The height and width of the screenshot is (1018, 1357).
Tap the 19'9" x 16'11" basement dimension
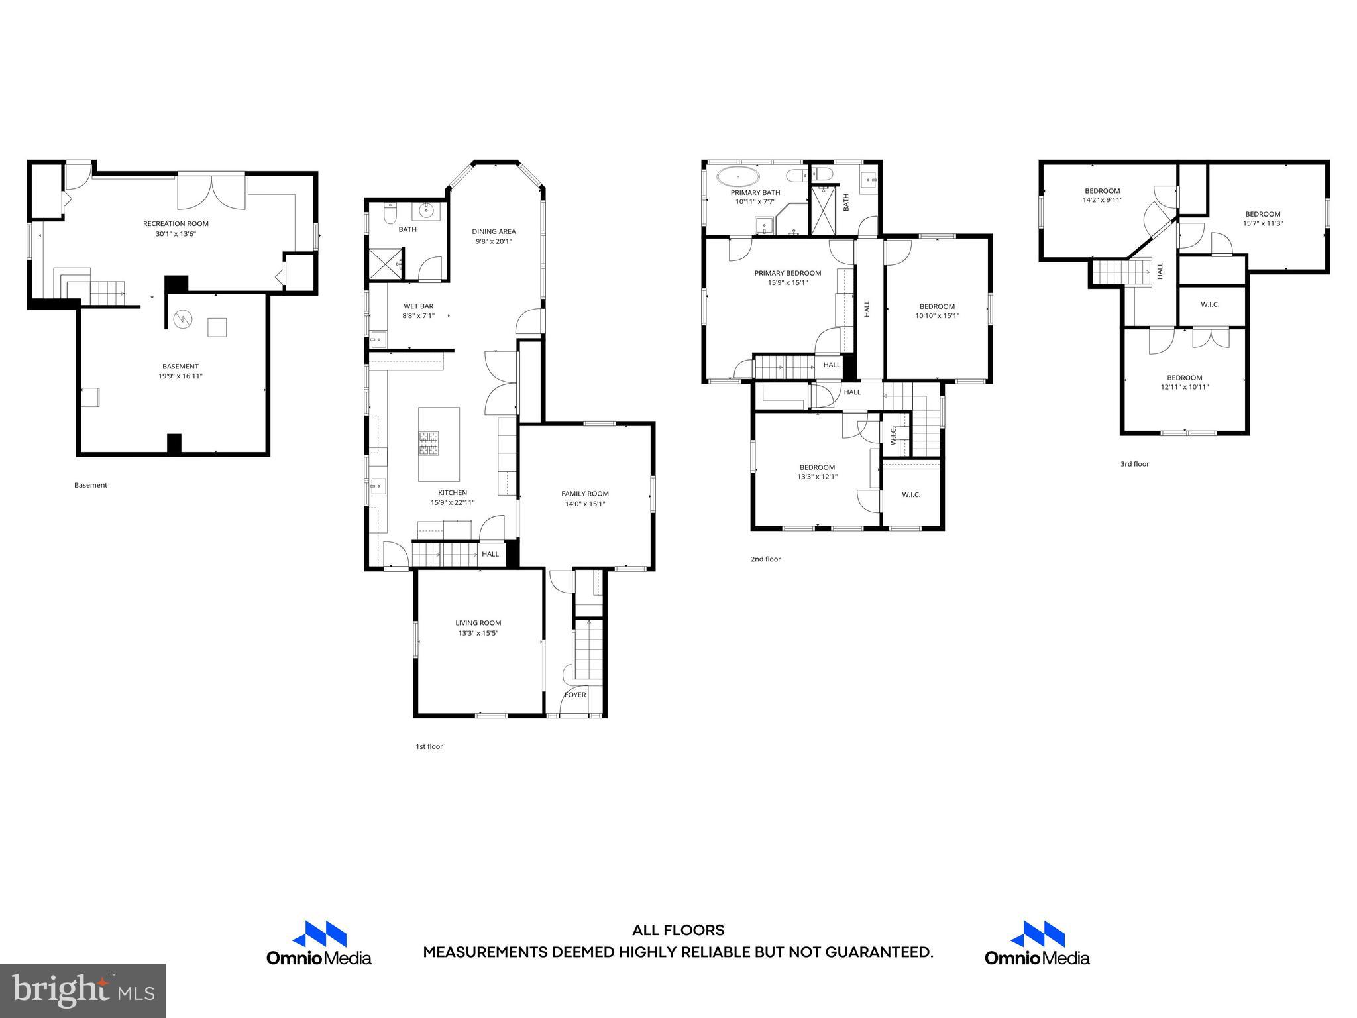[x=180, y=376]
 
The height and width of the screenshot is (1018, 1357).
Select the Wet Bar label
[x=418, y=306]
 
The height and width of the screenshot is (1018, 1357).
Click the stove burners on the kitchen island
[x=428, y=443]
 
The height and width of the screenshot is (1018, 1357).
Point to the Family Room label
[x=584, y=494]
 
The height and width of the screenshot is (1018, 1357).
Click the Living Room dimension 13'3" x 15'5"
[x=478, y=633]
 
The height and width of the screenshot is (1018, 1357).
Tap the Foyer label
[x=575, y=695]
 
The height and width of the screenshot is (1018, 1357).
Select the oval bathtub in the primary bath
[x=738, y=177]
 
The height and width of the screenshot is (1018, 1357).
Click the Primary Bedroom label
[x=787, y=273]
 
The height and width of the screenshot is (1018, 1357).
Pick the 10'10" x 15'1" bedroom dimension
[x=937, y=316]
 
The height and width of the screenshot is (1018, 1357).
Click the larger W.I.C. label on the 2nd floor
[x=911, y=495]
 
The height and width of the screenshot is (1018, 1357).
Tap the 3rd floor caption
[x=1134, y=464]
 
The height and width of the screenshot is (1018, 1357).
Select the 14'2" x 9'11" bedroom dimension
[x=1102, y=200]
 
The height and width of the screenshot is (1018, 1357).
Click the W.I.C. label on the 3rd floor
[x=1210, y=305]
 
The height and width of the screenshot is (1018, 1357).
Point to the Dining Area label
[x=494, y=231]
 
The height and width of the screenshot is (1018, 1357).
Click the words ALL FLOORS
[x=678, y=931]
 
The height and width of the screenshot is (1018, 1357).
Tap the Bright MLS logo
[x=83, y=990]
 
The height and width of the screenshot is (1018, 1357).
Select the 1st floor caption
[x=429, y=746]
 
